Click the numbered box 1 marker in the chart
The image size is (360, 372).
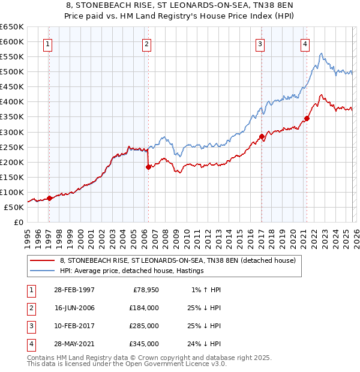[47, 43]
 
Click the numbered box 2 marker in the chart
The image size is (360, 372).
[146, 43]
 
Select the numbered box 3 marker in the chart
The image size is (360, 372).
[260, 43]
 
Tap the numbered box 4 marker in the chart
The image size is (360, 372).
[305, 43]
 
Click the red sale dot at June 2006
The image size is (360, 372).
[148, 167]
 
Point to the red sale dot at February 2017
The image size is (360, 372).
[262, 136]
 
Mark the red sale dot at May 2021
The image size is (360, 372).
[307, 118]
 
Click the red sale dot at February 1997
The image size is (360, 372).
[50, 199]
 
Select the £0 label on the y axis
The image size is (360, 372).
[18, 222]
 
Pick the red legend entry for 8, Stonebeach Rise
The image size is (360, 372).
[178, 261]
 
